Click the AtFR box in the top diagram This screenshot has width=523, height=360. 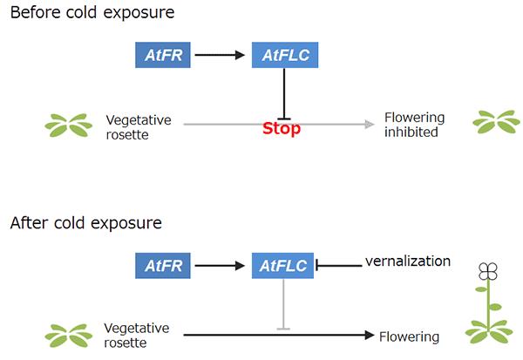[164, 56]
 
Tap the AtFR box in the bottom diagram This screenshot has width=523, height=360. [164, 265]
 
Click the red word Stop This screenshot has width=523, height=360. [282, 129]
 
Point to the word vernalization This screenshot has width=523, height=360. [408, 261]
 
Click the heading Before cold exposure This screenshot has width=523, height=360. [92, 13]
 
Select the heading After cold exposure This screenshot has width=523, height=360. [86, 222]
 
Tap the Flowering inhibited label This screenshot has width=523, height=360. [414, 125]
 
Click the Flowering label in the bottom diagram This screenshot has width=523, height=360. [409, 336]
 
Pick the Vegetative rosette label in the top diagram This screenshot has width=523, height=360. [139, 126]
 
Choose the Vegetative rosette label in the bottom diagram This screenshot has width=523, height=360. [137, 336]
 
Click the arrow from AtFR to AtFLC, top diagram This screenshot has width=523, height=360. [221, 56]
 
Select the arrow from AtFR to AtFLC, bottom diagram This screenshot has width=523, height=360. [221, 265]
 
